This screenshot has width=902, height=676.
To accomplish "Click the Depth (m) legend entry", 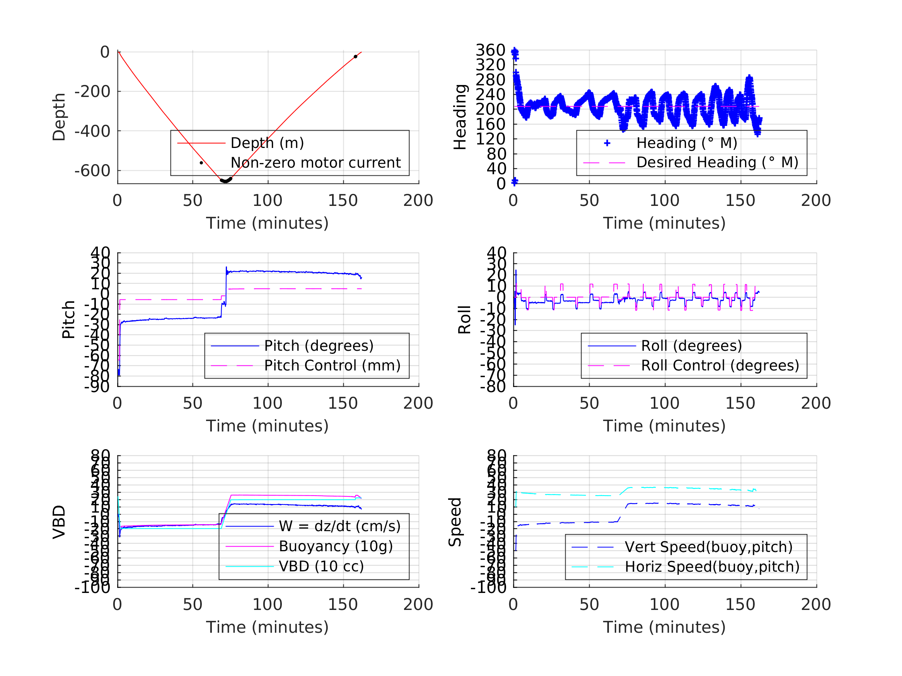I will pyautogui.click(x=267, y=143).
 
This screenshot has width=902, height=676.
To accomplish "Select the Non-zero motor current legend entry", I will pyautogui.click(x=315, y=163).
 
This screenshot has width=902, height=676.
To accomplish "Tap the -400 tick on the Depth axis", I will pyautogui.click(x=92, y=131).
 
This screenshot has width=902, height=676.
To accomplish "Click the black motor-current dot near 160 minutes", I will pyautogui.click(x=356, y=57).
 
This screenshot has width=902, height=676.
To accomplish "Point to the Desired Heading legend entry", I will pyautogui.click(x=717, y=162).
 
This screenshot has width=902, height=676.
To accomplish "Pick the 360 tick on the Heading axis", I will pyautogui.click(x=490, y=50).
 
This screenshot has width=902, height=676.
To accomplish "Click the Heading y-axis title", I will pyautogui.click(x=460, y=117).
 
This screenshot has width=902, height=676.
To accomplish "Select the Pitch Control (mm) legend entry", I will pyautogui.click(x=332, y=365).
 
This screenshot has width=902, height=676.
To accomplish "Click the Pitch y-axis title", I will pyautogui.click(x=68, y=319).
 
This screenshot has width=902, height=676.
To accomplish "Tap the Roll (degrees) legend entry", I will pyautogui.click(x=691, y=346).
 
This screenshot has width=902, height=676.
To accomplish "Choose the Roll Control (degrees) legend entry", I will pyautogui.click(x=720, y=365).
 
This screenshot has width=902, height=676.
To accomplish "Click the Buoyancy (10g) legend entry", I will pyautogui.click(x=336, y=546).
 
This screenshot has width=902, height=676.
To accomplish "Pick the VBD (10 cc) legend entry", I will pyautogui.click(x=321, y=566).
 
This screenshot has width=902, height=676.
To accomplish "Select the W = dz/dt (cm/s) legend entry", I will pyautogui.click(x=339, y=526).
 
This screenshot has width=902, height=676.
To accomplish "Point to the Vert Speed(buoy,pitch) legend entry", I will pyautogui.click(x=708, y=547).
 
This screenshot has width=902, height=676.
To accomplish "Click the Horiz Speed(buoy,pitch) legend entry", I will pyautogui.click(x=711, y=566).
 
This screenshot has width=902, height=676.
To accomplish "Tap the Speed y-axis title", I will pyautogui.click(x=455, y=521).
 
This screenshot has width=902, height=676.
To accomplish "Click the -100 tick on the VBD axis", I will pyautogui.click(x=92, y=588).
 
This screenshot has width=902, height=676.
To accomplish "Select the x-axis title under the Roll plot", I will pyautogui.click(x=664, y=426).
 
